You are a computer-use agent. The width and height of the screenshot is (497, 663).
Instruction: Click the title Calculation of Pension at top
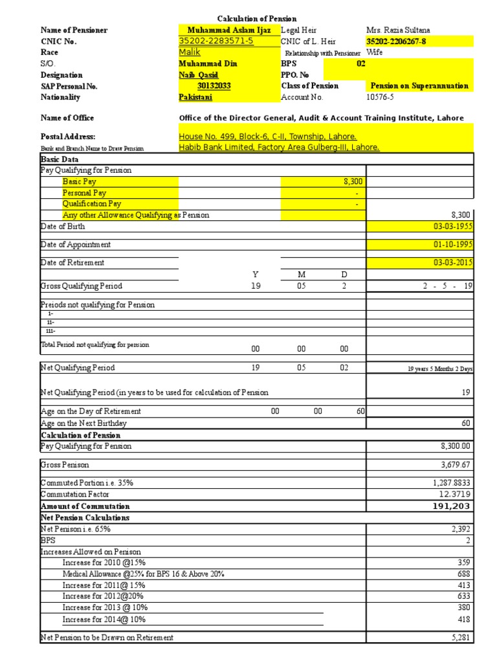pos(256,19)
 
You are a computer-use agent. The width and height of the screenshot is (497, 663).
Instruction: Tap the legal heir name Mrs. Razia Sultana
pos(398,30)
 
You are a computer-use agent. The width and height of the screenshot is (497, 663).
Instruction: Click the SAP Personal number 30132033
pos(214,86)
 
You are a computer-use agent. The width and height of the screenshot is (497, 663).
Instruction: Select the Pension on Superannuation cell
pos(419,86)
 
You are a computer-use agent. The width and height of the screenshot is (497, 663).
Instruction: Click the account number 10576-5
pos(380,97)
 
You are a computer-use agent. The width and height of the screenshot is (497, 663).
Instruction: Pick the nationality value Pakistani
pos(195,97)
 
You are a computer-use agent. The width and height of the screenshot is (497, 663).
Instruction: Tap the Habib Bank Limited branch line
pos(279,148)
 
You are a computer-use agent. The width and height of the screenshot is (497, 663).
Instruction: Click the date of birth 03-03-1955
pos(453,227)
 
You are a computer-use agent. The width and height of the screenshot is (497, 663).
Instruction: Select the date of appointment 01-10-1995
pos(453,245)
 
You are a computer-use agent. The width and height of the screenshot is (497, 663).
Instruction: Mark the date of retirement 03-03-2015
pos(453,263)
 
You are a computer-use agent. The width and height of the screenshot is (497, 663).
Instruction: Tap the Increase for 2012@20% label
pos(103,596)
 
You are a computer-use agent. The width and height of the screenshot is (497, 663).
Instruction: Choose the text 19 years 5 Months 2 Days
pos(440,368)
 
